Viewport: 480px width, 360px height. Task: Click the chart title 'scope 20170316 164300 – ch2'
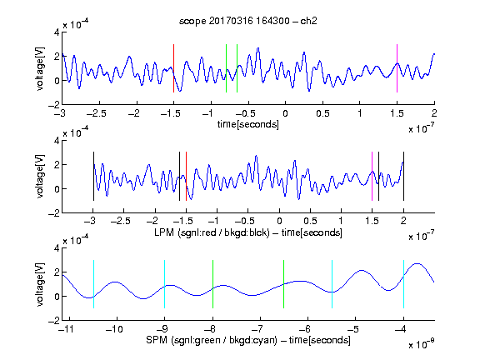(248, 21)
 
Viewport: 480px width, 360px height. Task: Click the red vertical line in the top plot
(173, 68)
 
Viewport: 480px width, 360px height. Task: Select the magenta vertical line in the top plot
(397, 68)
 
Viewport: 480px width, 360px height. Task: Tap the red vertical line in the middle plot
(186, 177)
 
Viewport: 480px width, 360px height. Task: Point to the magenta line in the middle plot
(372, 177)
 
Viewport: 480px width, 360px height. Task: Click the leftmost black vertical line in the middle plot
(93, 177)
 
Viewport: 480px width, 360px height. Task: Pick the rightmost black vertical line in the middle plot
(403, 177)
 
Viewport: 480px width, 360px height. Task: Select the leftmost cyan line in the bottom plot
(93, 284)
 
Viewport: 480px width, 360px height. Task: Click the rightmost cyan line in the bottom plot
(403, 284)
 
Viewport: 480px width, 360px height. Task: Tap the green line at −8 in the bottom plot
(212, 284)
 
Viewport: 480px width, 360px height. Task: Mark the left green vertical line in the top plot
(226, 68)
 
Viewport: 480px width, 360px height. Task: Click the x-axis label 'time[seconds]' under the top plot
(248, 124)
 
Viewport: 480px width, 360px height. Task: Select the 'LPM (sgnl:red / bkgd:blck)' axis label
(212, 232)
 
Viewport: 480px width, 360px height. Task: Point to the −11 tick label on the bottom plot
(66, 329)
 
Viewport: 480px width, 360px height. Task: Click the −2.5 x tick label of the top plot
(97, 113)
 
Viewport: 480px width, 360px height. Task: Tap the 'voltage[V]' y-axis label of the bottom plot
(40, 284)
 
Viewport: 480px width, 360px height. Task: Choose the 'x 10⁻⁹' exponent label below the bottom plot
(421, 343)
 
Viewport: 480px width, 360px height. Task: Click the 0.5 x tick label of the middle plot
(311, 221)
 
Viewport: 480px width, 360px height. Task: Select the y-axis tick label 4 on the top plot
(57, 32)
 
